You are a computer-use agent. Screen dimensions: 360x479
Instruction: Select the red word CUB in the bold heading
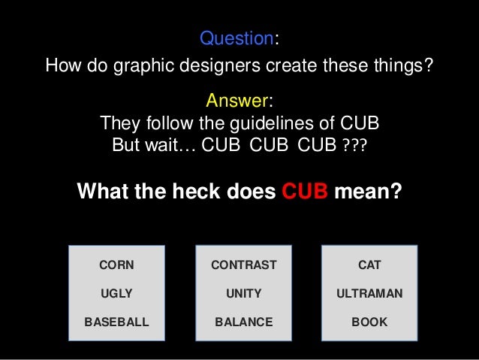click(x=305, y=192)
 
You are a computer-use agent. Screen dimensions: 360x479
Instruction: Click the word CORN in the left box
click(x=116, y=265)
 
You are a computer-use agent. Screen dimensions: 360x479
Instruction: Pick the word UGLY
click(x=116, y=293)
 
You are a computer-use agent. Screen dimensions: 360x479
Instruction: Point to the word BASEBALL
click(x=116, y=322)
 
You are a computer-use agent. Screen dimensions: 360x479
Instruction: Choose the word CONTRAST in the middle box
click(x=244, y=265)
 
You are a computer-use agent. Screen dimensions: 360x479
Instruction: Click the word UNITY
click(x=244, y=293)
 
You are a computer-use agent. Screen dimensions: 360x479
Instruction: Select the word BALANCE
click(x=244, y=322)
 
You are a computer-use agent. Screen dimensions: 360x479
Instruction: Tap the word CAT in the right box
click(x=369, y=265)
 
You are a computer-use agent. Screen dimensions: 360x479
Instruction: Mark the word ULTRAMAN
click(x=369, y=293)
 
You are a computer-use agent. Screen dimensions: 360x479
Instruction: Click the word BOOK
click(x=369, y=322)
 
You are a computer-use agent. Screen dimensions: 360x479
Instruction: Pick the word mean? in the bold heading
click(x=368, y=192)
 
